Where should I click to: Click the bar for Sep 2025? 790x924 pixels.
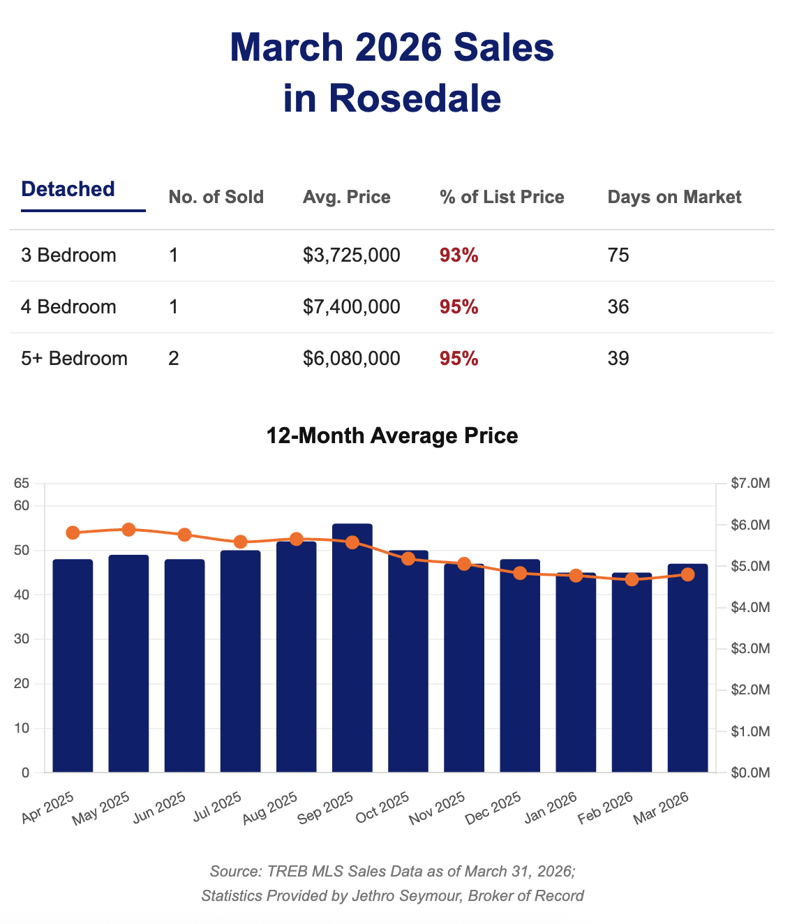352,649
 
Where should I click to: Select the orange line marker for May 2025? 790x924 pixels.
128,530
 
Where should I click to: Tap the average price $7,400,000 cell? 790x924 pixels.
352,307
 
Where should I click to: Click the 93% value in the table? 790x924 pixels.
459,255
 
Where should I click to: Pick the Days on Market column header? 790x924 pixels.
674,198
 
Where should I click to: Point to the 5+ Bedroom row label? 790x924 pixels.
75,359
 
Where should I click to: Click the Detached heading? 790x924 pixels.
68,189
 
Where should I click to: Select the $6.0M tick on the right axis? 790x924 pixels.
750,525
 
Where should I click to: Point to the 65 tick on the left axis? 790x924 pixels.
22,483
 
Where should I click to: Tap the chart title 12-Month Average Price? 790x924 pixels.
392,436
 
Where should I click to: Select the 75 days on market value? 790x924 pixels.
618,255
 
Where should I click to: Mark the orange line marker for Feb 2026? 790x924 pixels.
632,579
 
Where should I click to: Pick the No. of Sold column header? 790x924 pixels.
216,198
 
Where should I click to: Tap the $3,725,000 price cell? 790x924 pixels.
352,255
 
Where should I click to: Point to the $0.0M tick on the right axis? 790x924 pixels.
750,773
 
